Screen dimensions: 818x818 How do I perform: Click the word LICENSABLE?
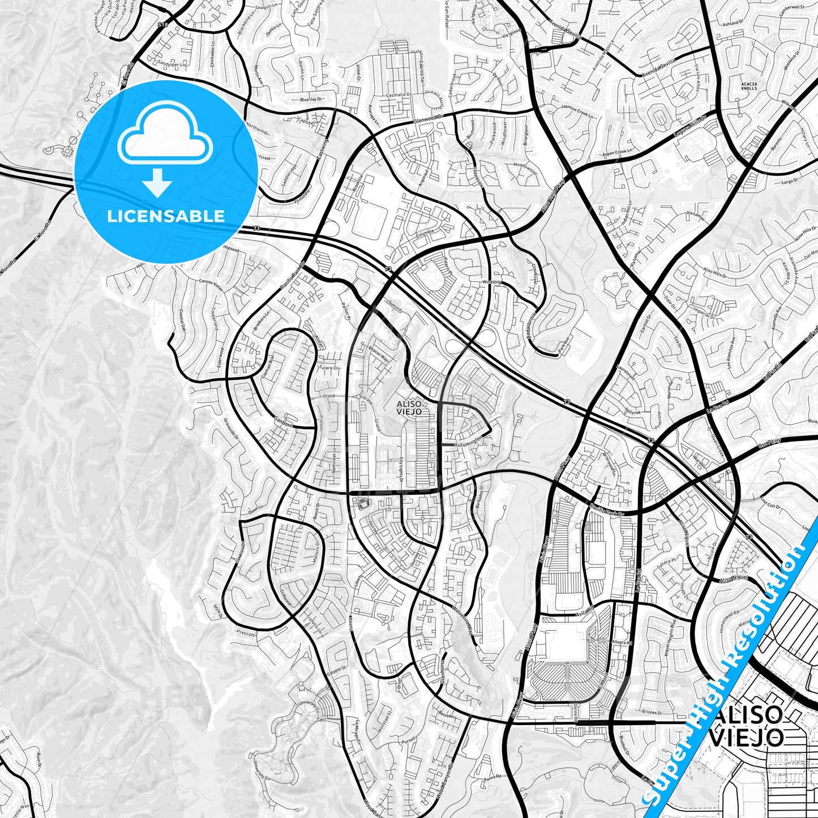tap(166, 216)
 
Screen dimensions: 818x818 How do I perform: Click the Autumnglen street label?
tap(467, 439)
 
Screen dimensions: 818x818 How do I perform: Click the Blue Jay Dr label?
tap(311, 100)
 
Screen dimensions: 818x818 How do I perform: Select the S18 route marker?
tap(164, 25)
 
